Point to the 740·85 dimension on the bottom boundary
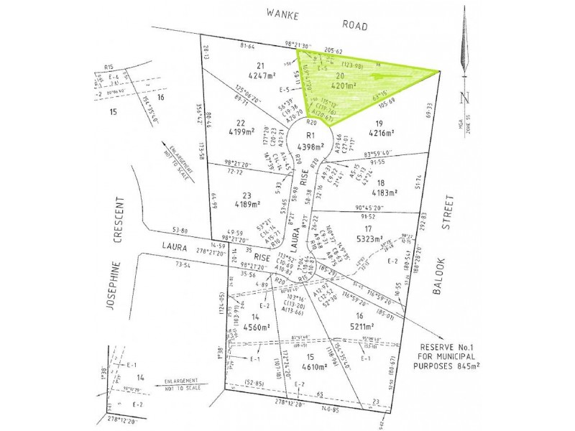(325, 409)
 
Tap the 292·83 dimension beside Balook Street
(423, 220)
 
